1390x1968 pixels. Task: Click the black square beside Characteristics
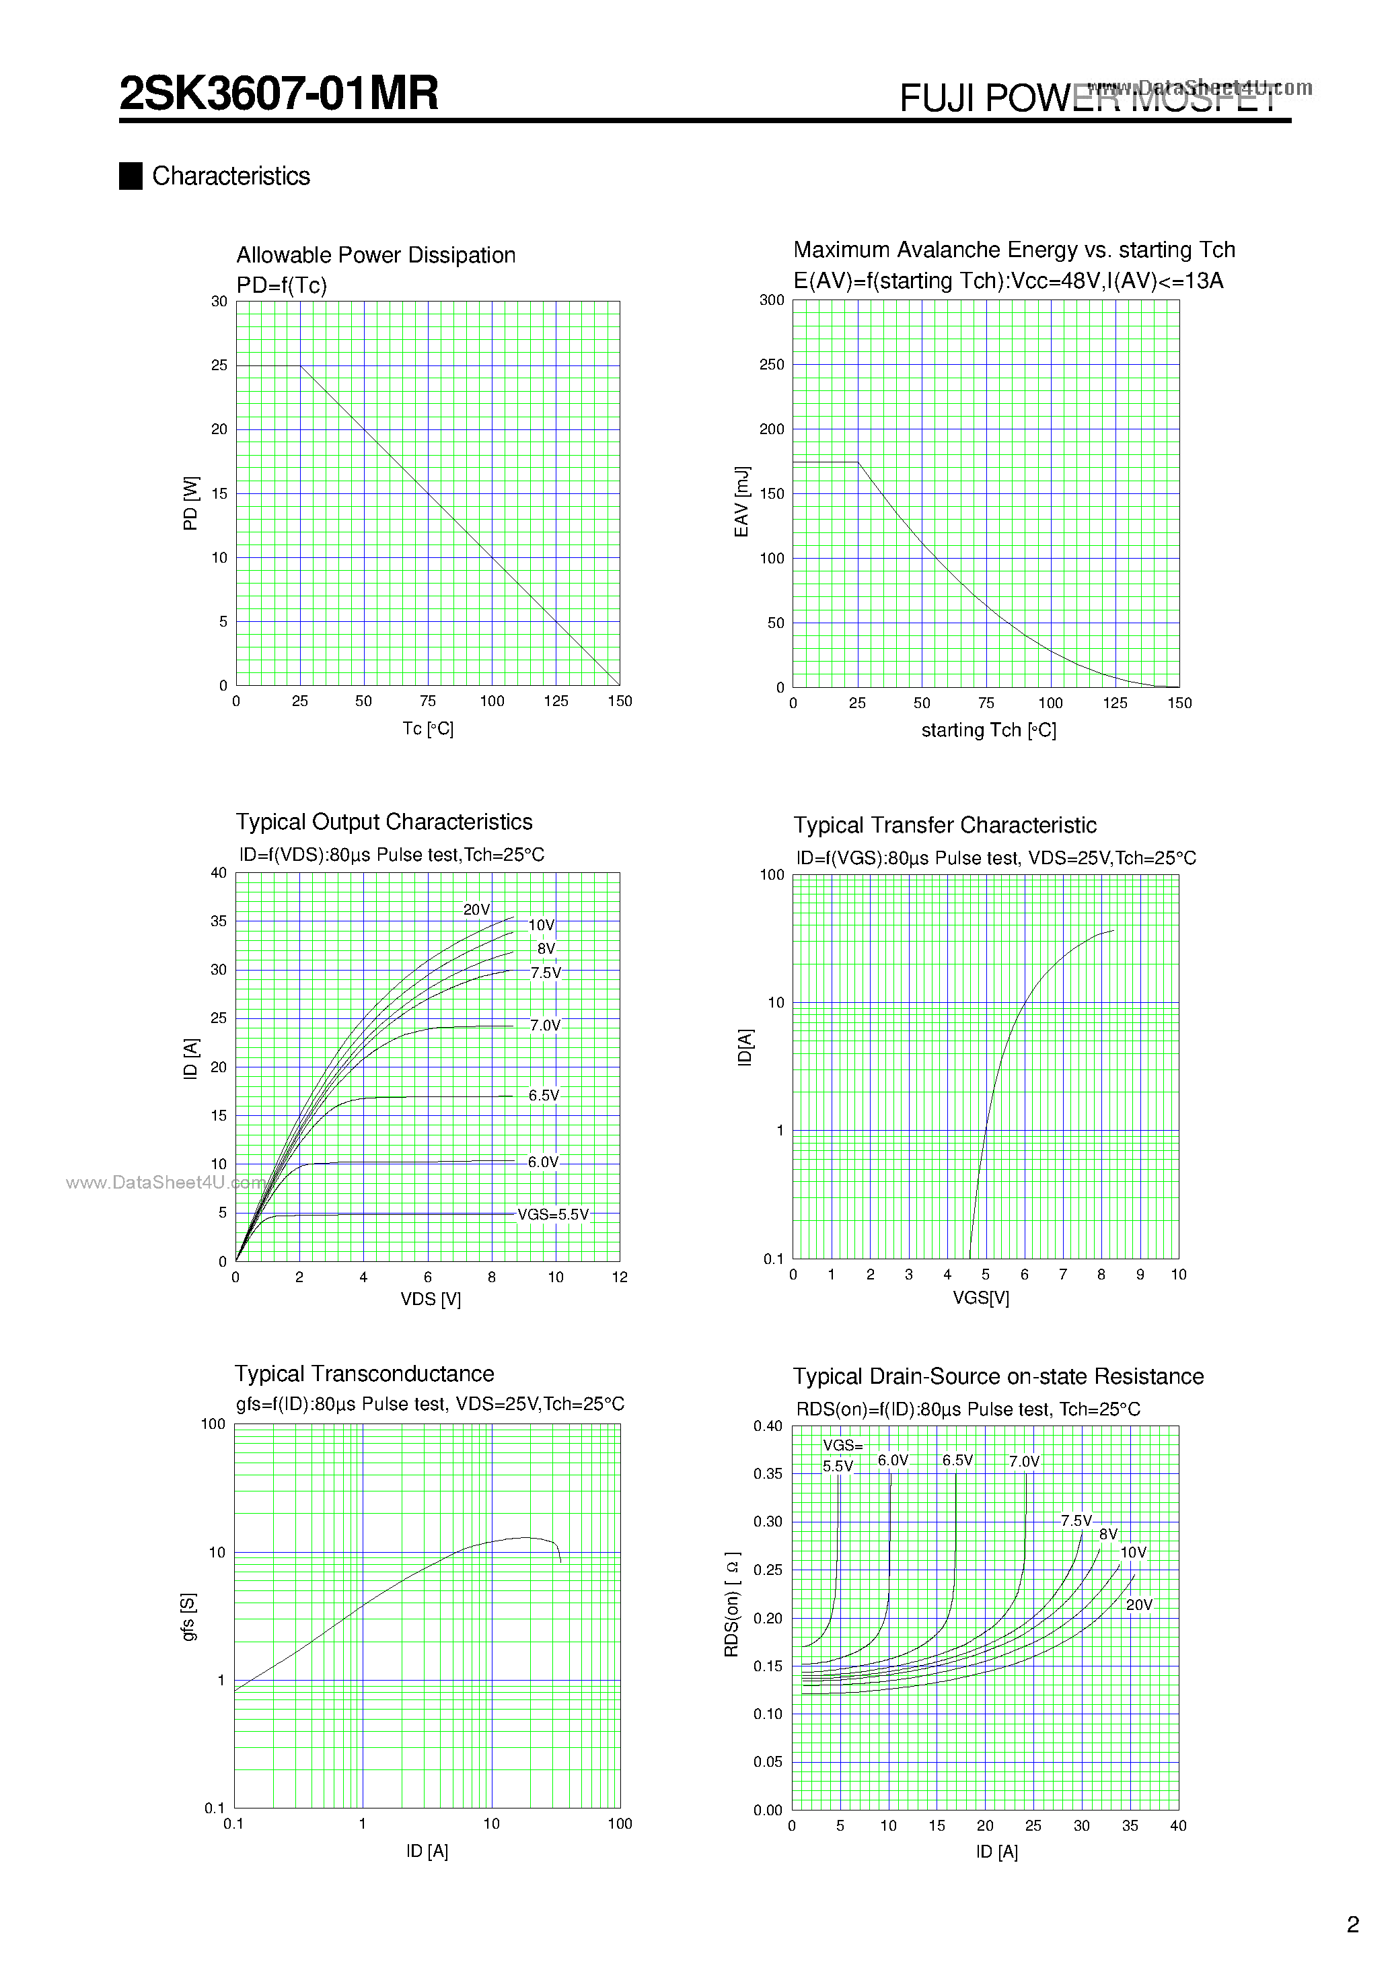[x=131, y=176]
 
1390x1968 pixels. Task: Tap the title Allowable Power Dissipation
[x=375, y=256]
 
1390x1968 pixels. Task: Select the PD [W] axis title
[x=190, y=503]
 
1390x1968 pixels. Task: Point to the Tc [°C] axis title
[x=428, y=728]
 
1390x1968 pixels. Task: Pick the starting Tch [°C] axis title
[x=988, y=730]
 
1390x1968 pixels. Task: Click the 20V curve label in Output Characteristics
[x=476, y=909]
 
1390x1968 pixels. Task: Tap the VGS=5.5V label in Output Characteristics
[x=553, y=1215]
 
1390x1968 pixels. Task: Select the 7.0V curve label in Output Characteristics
[x=545, y=1025]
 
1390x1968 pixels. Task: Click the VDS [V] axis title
[x=430, y=1300]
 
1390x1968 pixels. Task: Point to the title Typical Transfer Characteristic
[x=945, y=825]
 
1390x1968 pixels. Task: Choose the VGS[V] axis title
[x=980, y=1298]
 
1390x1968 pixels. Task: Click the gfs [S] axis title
[x=188, y=1617]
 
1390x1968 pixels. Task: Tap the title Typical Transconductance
[x=364, y=1374]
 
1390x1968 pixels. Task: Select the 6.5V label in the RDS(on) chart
[x=957, y=1461]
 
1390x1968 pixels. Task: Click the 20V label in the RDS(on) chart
[x=1139, y=1605]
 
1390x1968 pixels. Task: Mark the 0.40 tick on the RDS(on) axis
[x=768, y=1426]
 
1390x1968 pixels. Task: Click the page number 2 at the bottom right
[x=1353, y=1925]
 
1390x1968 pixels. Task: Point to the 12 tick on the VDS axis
[x=620, y=1277]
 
